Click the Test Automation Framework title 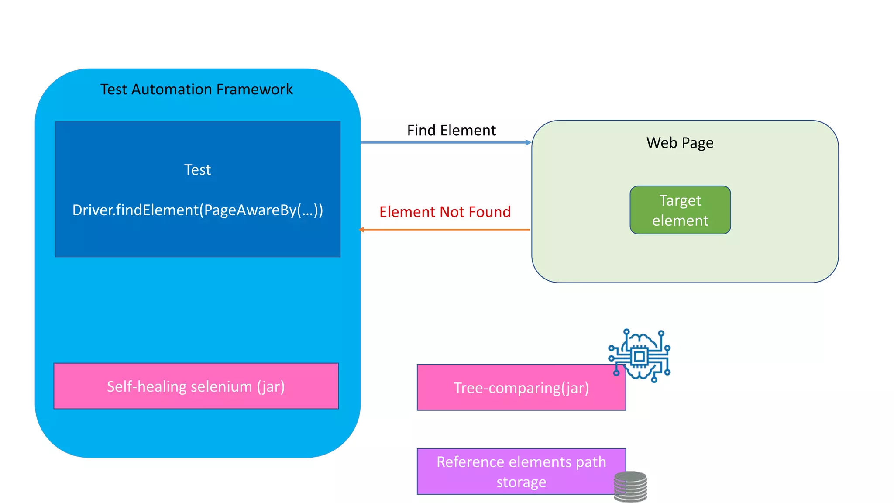pyautogui.click(x=196, y=89)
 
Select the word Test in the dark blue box pyautogui.click(x=197, y=169)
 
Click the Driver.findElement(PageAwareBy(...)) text pyautogui.click(x=197, y=210)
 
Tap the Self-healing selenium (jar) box pyautogui.click(x=196, y=386)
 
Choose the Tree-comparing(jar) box pyautogui.click(x=521, y=388)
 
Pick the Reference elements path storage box pyautogui.click(x=521, y=472)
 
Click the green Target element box pyautogui.click(x=680, y=210)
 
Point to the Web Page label pyautogui.click(x=680, y=143)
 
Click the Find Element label pyautogui.click(x=451, y=130)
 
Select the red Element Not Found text pyautogui.click(x=445, y=212)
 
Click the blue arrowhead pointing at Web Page pyautogui.click(x=528, y=142)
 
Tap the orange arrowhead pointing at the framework pyautogui.click(x=361, y=229)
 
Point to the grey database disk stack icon pyautogui.click(x=630, y=486)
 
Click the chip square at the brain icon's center pyautogui.click(x=640, y=357)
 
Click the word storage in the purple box pyautogui.click(x=521, y=482)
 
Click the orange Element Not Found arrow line pyautogui.click(x=445, y=229)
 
